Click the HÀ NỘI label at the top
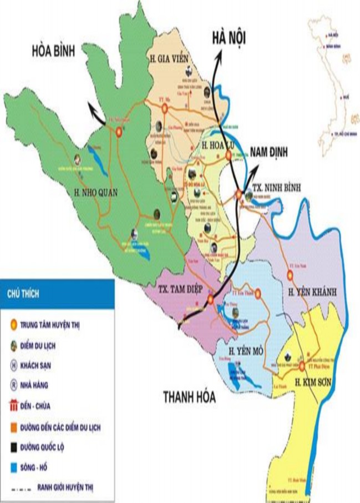pos(229,37)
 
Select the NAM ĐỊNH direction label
pos(272,152)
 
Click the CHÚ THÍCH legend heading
pos(23,292)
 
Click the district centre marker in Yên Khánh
pos(288,274)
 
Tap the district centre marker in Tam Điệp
pos(211,300)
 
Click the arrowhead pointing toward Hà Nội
pos(219,52)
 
